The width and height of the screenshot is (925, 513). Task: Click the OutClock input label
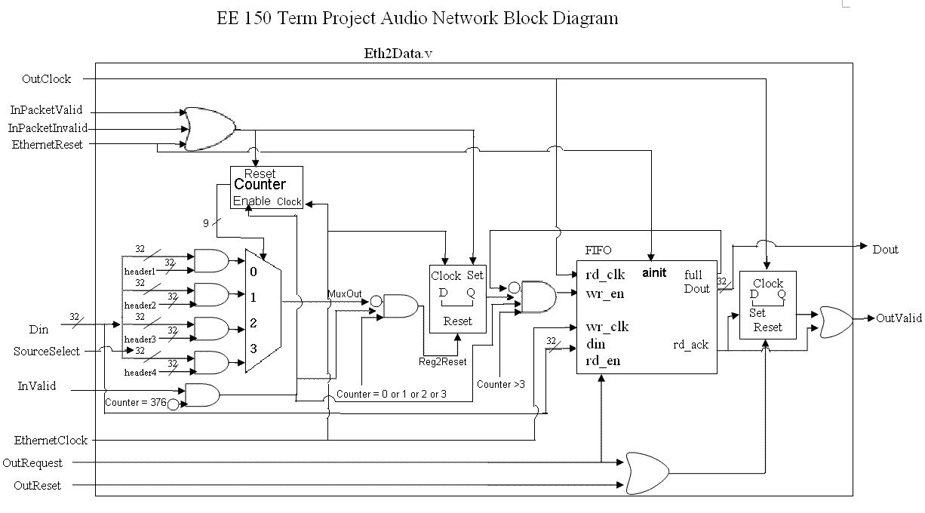47,78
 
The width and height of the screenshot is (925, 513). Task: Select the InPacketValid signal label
47,110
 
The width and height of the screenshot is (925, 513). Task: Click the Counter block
260,184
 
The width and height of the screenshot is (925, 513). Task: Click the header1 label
140,272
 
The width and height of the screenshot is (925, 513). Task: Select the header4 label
140,373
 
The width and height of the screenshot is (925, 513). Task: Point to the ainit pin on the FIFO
654,272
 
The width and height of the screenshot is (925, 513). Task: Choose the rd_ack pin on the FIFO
690,345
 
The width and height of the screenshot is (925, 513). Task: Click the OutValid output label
899,318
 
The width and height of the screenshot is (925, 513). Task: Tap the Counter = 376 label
135,403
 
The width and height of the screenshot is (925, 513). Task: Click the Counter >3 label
500,384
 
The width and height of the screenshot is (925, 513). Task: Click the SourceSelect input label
47,352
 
